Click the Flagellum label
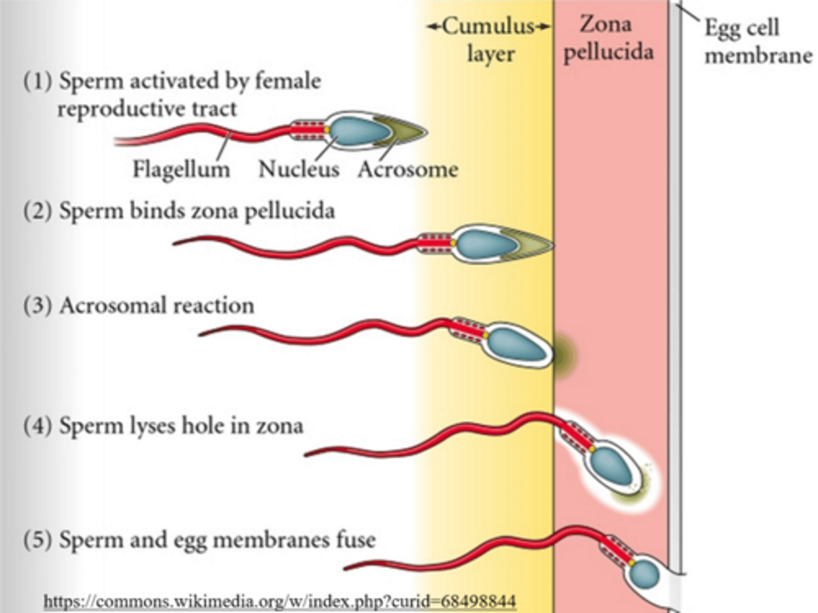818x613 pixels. pos(181,169)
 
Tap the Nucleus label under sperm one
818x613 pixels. pos(299,169)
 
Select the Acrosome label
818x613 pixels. pos(408,169)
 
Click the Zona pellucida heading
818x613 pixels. pos(607,39)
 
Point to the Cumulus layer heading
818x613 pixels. pos(490,40)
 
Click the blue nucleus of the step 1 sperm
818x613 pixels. pos(360,131)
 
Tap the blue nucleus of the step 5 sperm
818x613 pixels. pos(645,574)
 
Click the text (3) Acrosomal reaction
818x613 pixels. pos(139,306)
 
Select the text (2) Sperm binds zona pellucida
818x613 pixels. pos(179,211)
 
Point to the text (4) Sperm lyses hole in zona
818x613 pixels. pos(163,426)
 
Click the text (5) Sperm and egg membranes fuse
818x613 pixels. pos(199,540)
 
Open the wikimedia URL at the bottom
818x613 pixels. pos(279,601)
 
